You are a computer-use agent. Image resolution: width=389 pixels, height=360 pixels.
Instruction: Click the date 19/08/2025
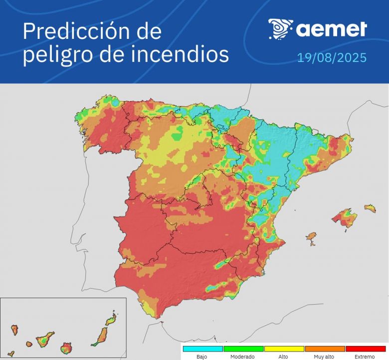pos(332,58)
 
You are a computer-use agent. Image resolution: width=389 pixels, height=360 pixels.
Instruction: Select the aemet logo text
pos(332,29)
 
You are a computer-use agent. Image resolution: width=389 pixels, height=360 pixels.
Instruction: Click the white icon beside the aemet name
pos(280,29)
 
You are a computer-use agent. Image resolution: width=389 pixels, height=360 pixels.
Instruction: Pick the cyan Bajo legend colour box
pos(202,349)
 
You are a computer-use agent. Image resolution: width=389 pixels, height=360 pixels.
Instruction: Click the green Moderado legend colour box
pos(243,349)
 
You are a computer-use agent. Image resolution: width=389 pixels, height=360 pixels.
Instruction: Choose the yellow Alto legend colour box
pos(284,349)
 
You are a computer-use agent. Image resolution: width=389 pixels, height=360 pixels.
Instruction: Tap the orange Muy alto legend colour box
pos(325,349)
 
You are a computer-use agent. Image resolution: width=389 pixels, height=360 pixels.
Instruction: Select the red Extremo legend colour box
pos(365,349)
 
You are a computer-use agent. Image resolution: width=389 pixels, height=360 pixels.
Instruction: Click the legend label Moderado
pos(243,357)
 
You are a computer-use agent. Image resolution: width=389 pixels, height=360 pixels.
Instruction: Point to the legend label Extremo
pos(365,357)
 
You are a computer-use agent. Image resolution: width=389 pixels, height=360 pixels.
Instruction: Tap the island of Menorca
pos(369,207)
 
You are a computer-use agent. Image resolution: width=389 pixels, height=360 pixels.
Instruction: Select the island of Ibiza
pos(312,236)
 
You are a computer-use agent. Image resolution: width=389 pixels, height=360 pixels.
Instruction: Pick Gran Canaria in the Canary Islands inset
pos(66,347)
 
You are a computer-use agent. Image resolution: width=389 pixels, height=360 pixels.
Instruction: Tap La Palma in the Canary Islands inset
pos(15,330)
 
